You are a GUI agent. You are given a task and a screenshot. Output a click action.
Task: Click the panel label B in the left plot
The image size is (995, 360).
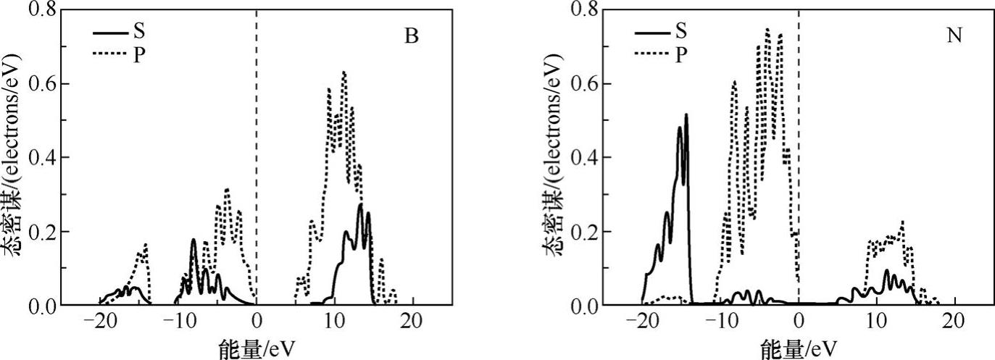pos(412,37)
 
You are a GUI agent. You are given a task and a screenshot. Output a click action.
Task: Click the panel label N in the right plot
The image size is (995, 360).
pos(954,36)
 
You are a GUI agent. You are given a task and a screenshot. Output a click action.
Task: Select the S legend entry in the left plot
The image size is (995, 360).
pos(138,31)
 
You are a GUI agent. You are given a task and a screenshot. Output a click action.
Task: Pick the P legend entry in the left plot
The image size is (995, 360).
pos(138,53)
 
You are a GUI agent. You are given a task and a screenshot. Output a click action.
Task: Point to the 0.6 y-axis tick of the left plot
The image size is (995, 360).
pos(43,84)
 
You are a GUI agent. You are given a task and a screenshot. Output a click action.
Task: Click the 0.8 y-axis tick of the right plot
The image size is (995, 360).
pos(586,10)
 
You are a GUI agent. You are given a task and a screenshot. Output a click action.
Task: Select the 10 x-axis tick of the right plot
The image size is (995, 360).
pos(876,321)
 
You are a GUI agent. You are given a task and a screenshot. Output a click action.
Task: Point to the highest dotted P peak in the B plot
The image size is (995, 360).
pos(344,72)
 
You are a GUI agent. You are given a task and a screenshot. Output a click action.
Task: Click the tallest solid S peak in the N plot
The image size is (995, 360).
pos(686,114)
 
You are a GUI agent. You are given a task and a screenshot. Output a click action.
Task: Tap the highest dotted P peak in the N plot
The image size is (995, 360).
pos(767,30)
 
